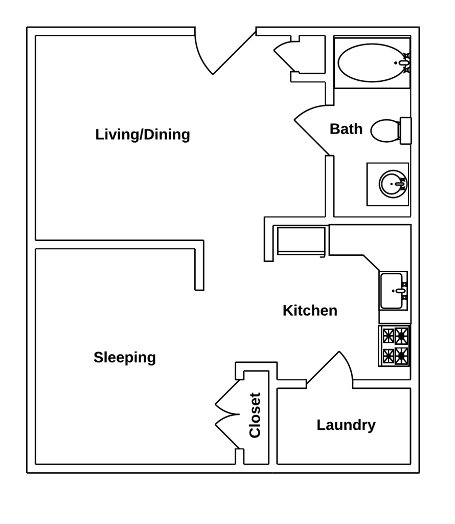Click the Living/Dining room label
[142, 135]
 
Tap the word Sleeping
[124, 357]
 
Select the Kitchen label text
[310, 311]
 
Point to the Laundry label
[346, 425]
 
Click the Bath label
[346, 129]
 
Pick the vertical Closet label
[255, 415]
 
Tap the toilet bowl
[385, 130]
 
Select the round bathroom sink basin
[392, 183]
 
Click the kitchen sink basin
[391, 291]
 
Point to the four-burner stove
[395, 346]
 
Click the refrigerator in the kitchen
[301, 240]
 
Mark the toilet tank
[405, 130]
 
